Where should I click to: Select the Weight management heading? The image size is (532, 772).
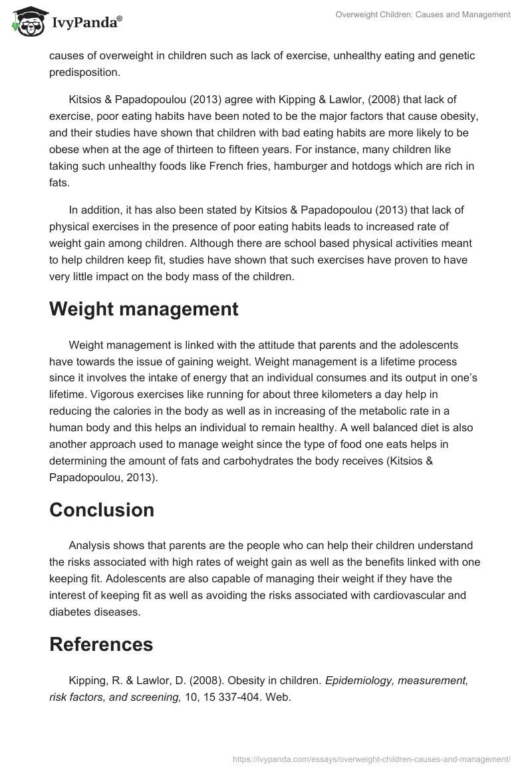[x=144, y=309]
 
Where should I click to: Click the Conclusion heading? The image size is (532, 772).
[x=102, y=510]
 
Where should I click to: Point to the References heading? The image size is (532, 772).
[x=101, y=644]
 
